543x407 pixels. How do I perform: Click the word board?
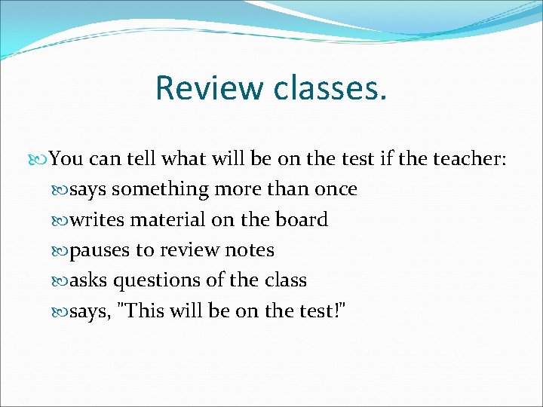pos(301,220)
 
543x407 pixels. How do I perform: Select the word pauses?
pos(100,250)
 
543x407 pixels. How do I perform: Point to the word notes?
pos(249,250)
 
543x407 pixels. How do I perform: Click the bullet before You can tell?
pos(41,160)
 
